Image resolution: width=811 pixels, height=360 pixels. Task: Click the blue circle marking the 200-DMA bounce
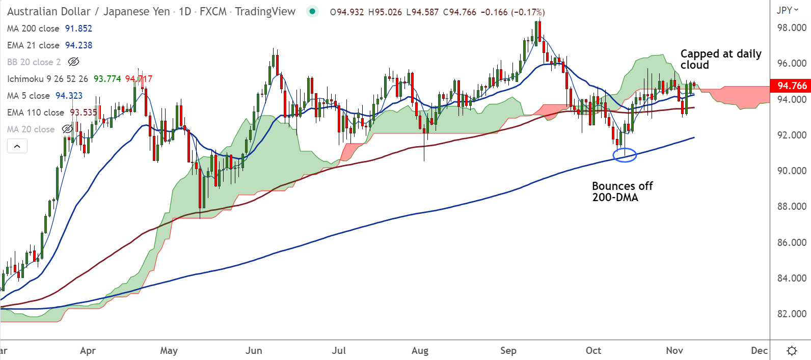click(x=625, y=155)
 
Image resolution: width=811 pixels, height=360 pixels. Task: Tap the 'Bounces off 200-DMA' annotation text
click(x=622, y=191)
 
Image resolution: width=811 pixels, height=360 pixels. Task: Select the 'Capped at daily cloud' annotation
click(x=720, y=59)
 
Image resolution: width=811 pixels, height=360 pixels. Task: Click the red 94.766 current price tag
click(x=791, y=86)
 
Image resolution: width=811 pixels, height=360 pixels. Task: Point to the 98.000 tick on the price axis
click(x=791, y=27)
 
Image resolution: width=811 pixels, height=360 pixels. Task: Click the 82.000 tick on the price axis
click(x=791, y=314)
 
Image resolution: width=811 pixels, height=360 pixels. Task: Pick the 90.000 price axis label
click(x=791, y=171)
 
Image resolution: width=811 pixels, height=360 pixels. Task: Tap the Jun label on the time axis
click(x=254, y=350)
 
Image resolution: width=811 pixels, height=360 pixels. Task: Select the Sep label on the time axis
click(x=508, y=350)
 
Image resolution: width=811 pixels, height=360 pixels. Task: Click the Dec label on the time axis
click(x=759, y=350)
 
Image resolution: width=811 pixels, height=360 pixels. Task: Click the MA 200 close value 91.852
click(x=78, y=29)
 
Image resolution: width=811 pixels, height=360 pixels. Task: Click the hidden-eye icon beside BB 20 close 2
click(x=73, y=62)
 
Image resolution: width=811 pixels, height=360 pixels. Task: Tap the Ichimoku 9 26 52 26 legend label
click(x=47, y=79)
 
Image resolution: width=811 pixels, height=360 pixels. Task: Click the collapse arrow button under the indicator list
click(x=17, y=146)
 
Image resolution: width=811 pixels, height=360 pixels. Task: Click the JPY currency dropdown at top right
click(x=788, y=10)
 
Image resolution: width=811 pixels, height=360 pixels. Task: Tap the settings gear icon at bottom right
click(x=792, y=350)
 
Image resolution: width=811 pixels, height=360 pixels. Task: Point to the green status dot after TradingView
click(x=312, y=11)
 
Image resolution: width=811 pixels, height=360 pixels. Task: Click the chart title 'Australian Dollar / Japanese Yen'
click(x=88, y=11)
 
